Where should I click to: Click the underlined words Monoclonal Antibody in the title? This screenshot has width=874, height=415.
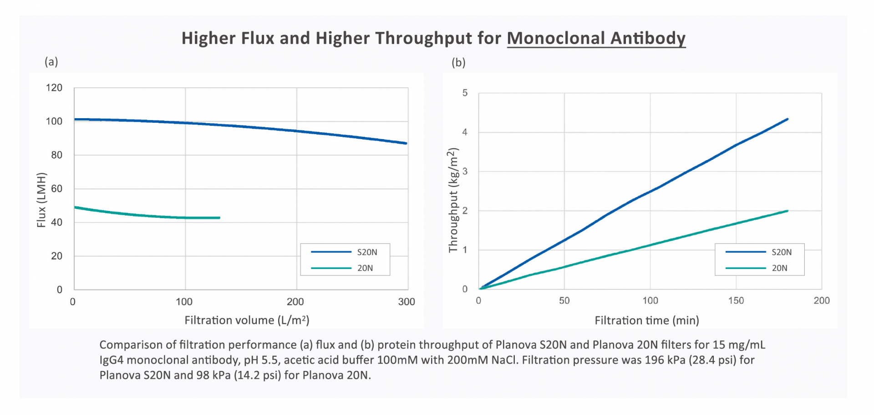[x=596, y=38]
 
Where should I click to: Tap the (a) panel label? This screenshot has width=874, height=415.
[x=51, y=61]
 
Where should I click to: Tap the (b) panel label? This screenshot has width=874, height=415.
[x=458, y=62]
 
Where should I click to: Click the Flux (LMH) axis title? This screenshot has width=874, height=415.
[x=41, y=200]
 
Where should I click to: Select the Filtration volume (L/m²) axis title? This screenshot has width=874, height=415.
[x=247, y=320]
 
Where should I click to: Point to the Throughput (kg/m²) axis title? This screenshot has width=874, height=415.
[x=453, y=200]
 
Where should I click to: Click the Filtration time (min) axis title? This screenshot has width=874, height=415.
[x=646, y=320]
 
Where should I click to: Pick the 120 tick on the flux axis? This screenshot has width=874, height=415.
[x=54, y=88]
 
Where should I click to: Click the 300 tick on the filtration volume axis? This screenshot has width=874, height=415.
[x=406, y=302]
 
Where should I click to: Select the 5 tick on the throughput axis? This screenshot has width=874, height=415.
[x=465, y=93]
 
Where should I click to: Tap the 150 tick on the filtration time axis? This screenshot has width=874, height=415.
[x=736, y=300]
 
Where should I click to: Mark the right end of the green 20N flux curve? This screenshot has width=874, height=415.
[x=219, y=218]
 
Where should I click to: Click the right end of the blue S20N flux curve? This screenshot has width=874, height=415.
[x=406, y=143]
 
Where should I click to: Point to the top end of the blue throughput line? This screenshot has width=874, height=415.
[x=787, y=119]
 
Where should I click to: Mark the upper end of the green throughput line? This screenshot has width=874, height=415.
[x=787, y=211]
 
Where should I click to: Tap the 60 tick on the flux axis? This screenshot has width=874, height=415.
[x=56, y=189]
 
